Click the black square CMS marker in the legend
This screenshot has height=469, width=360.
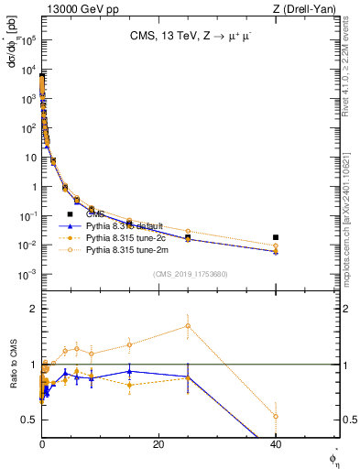[70, 213]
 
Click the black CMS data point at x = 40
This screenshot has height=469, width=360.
[276, 237]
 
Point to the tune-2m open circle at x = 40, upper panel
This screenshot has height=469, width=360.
[276, 245]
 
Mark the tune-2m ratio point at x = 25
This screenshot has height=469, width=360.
[188, 325]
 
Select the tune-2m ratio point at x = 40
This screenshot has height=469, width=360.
[276, 416]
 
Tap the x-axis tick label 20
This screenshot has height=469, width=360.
[158, 445]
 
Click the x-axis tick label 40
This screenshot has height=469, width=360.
[276, 445]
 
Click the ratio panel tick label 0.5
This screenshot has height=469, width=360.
[29, 420]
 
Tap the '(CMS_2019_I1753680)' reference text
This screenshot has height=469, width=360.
[190, 274]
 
